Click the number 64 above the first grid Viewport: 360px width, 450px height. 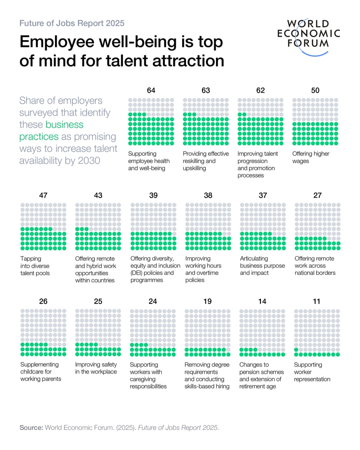[x=151, y=90]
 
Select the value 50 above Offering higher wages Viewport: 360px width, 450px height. [x=315, y=90]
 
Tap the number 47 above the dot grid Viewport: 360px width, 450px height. [x=43, y=195]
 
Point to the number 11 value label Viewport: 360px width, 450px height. [x=317, y=301]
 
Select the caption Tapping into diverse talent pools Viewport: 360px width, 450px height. [x=35, y=266]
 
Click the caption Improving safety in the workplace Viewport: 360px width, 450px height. [x=96, y=368]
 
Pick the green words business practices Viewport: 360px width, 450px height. [x=51, y=130]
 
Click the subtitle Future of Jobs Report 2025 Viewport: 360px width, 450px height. [x=72, y=23]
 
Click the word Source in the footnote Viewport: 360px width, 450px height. [x=31, y=428]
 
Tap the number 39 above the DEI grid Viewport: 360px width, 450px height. [x=153, y=195]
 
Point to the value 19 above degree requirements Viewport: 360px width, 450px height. [x=207, y=301]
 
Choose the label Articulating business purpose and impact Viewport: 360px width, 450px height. [x=262, y=266]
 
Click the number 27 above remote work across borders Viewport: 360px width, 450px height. [x=317, y=195]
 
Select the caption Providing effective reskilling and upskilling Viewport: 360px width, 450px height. [x=205, y=161]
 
